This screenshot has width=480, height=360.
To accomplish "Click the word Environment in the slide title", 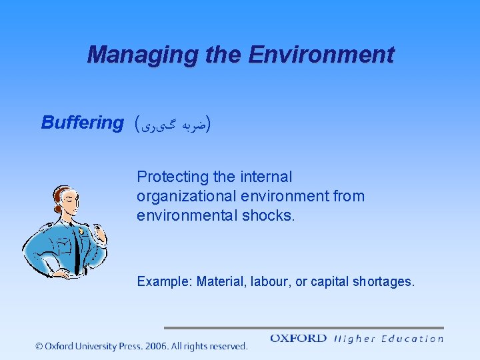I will click(321, 55).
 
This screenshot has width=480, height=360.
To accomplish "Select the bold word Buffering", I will click(82, 123).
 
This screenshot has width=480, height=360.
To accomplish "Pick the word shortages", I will click(384, 282).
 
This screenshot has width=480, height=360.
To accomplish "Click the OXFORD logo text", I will click(298, 339).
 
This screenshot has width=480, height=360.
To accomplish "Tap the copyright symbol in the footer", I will click(40, 346).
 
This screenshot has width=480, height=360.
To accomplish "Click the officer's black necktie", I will click(77, 251).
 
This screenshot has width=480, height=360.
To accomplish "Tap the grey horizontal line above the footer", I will click(303, 328).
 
